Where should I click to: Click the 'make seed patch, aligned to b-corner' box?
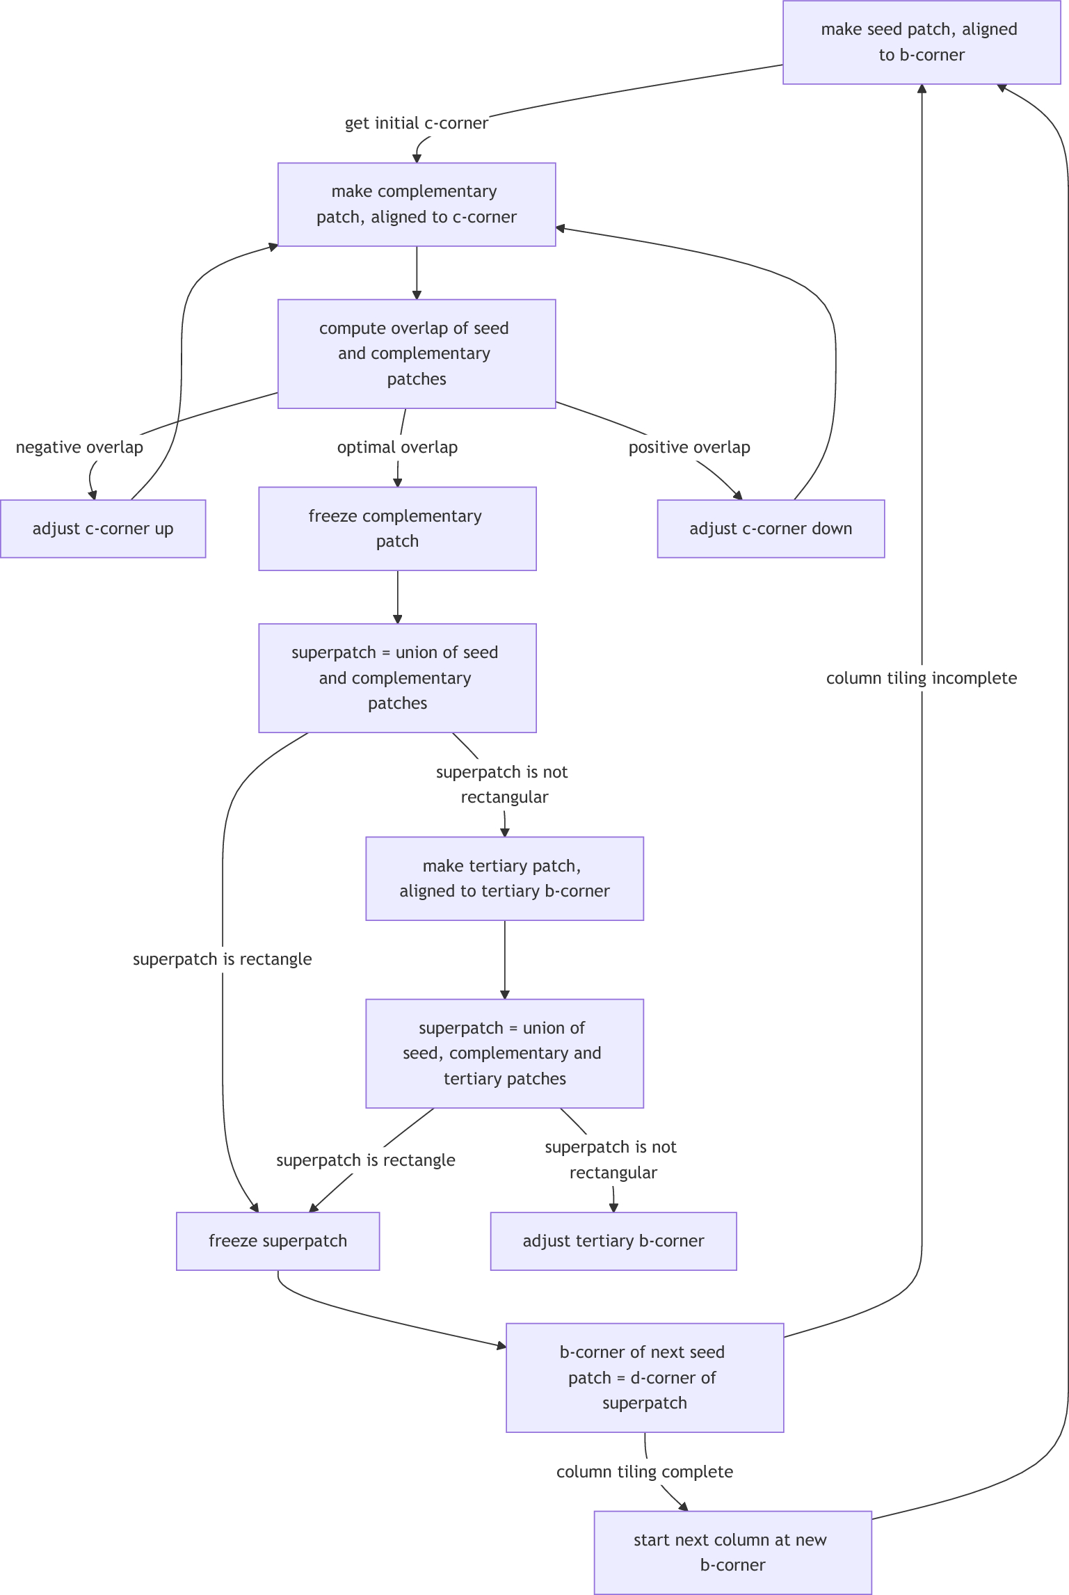[921, 42]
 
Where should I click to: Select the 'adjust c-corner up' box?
[103, 529]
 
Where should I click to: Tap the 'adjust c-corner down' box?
[771, 529]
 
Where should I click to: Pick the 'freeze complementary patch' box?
[397, 529]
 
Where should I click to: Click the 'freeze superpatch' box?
[278, 1241]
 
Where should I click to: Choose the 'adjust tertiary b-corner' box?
[613, 1241]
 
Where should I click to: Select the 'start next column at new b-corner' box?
[732, 1552]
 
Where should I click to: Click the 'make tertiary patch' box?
[504, 879]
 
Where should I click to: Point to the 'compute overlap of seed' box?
[417, 353]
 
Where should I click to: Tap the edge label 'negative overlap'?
[79, 447]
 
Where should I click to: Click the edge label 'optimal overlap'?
[397, 447]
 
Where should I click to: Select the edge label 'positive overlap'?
[689, 447]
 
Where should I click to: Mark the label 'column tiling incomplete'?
[921, 678]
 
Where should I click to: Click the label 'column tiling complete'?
[644, 1472]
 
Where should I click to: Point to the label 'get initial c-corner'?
[416, 123]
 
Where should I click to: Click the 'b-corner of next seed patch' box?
[644, 1377]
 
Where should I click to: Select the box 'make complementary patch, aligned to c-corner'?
[417, 205]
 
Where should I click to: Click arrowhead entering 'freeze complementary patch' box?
[398, 482]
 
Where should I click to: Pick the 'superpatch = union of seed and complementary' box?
[397, 678]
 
